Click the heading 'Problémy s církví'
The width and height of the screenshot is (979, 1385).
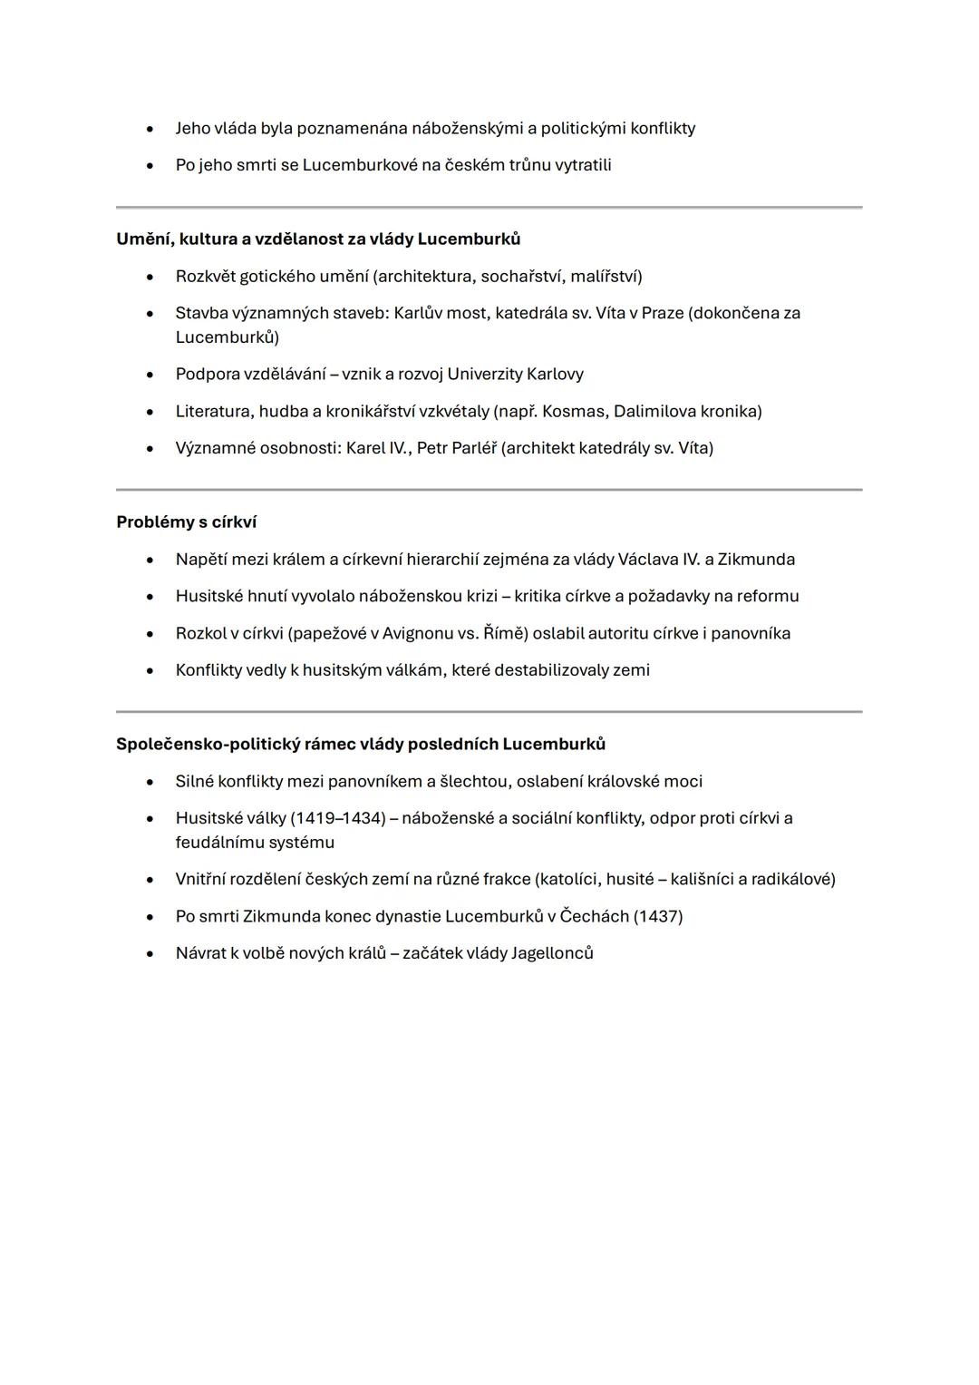pos(186,522)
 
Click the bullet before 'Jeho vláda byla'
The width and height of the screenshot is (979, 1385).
pos(150,129)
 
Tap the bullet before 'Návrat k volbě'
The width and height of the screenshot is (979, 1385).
pos(150,954)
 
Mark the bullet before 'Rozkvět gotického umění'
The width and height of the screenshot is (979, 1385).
pos(150,277)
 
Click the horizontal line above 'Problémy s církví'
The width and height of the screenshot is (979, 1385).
pos(489,490)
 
